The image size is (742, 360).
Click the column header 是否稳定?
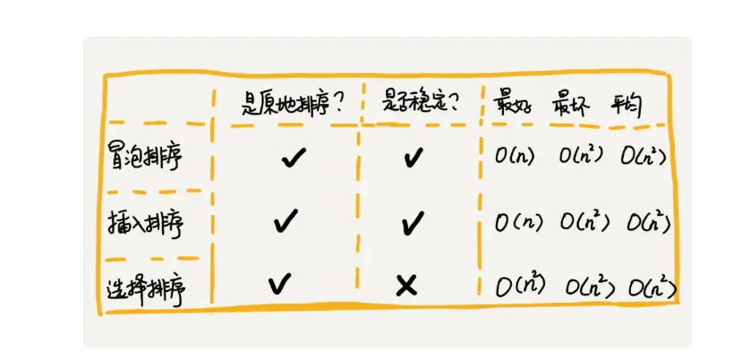pyautogui.click(x=420, y=101)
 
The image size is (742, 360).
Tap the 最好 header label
pyautogui.click(x=512, y=101)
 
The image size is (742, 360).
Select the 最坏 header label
pyautogui.click(x=572, y=101)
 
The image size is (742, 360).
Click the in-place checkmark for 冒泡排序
pyautogui.click(x=293, y=159)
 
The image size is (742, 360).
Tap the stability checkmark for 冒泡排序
pyautogui.click(x=413, y=159)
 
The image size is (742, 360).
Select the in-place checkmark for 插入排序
pyautogui.click(x=286, y=219)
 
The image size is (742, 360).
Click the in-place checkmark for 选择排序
pyautogui.click(x=280, y=284)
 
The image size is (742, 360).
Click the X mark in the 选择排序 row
pyautogui.click(x=406, y=286)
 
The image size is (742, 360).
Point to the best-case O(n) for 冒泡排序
pyautogui.click(x=515, y=157)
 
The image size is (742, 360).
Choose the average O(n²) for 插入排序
pyautogui.click(x=649, y=222)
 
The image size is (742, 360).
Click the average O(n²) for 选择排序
pyautogui.click(x=652, y=287)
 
